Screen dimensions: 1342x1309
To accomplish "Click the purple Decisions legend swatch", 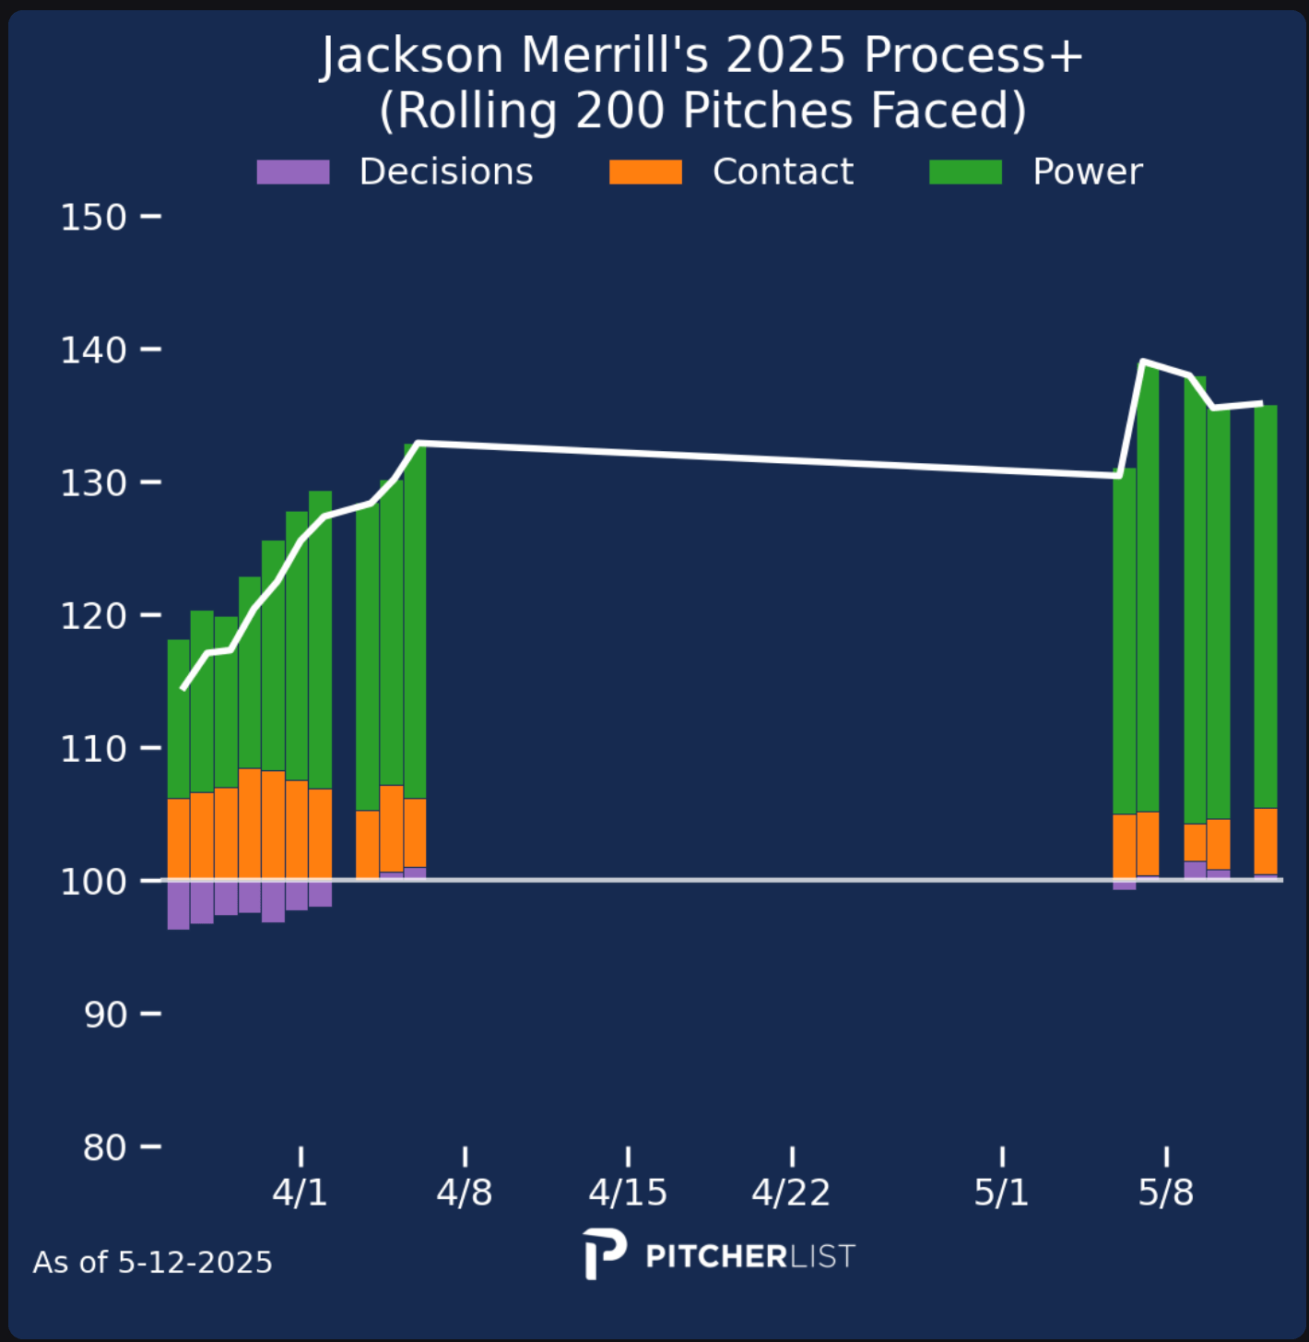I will [293, 172].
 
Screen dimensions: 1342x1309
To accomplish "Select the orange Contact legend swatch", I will [645, 172].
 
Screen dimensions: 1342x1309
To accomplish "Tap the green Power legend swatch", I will [965, 172].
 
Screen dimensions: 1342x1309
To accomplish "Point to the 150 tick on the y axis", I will [93, 218].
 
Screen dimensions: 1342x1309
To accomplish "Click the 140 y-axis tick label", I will [93, 350].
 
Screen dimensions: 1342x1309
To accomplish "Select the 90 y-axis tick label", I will [105, 1015].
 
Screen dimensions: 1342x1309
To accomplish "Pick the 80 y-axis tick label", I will [105, 1147].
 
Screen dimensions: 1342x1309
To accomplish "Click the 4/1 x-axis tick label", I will [301, 1193].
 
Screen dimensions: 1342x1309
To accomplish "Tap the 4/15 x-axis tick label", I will [628, 1193].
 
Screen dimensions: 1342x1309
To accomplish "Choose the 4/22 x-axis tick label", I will [791, 1193].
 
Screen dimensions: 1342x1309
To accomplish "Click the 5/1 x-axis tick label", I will [1002, 1193].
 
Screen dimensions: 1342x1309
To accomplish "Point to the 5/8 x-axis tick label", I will [1166, 1193].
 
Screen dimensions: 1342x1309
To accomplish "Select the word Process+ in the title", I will [973, 57].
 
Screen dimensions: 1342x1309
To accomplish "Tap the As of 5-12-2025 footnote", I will [153, 1262].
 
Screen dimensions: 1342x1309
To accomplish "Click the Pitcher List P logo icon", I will [605, 1253].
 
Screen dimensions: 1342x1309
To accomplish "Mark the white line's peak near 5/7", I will [1143, 362].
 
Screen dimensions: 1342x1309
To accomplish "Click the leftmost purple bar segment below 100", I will [179, 905].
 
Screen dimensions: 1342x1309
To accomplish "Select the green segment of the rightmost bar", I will [1266, 606].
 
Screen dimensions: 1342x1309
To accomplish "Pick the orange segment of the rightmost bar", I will [1266, 841].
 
